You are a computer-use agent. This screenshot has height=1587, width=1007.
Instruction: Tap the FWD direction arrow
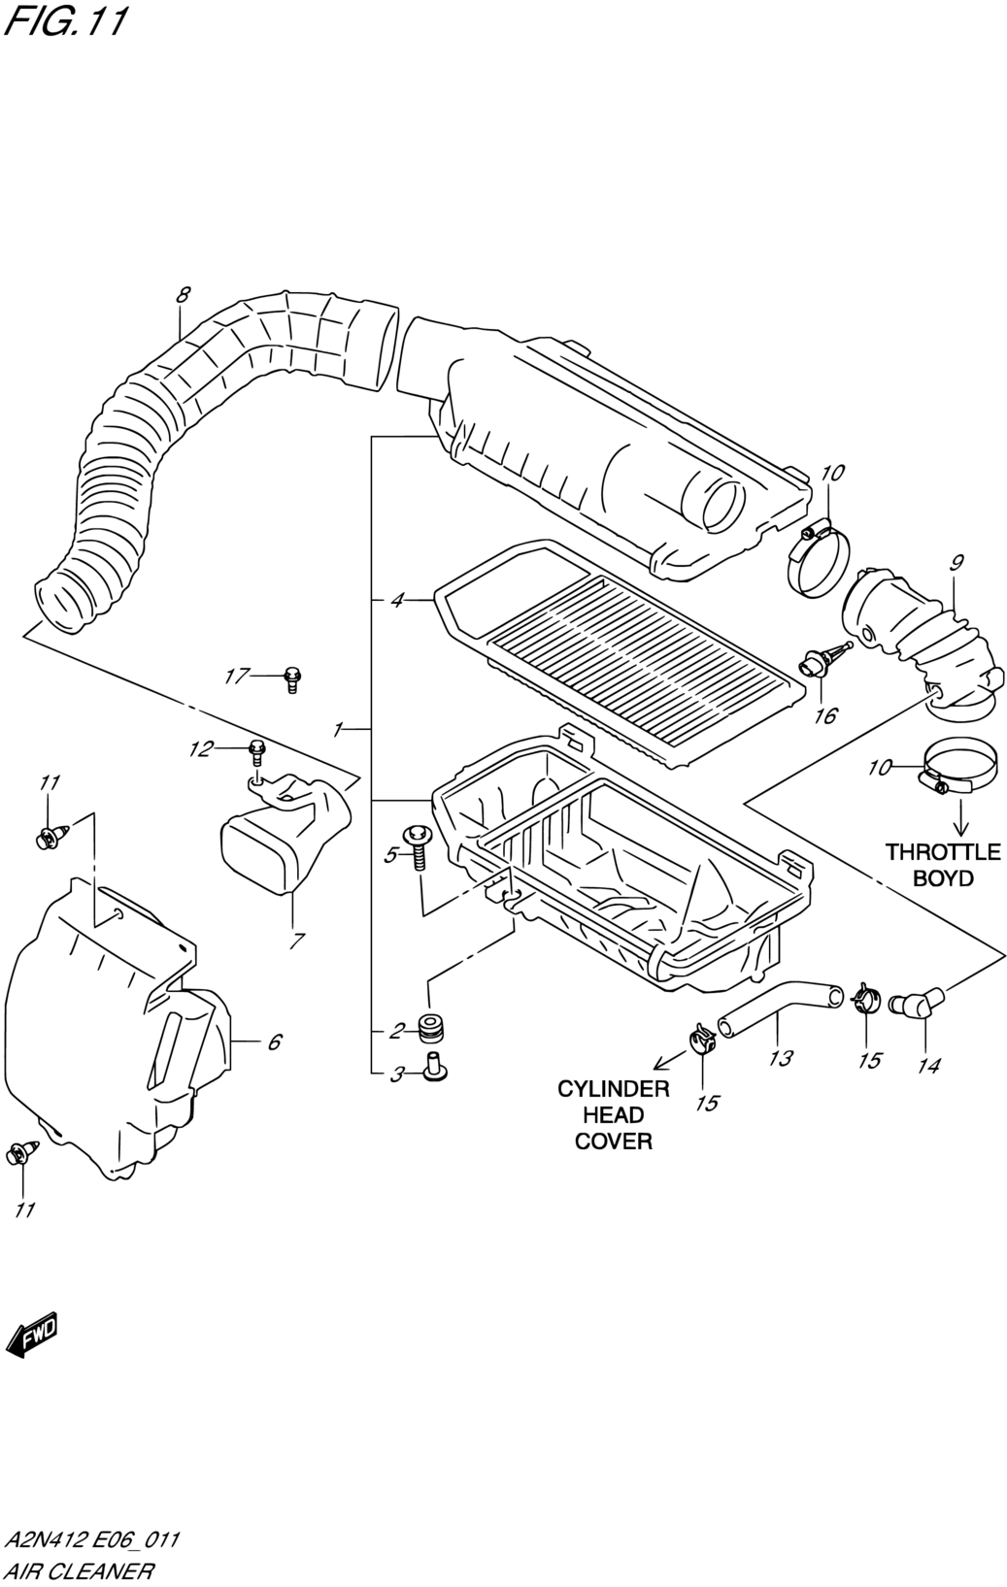point(31,1337)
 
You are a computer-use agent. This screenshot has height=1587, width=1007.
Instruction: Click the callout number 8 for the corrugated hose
point(183,294)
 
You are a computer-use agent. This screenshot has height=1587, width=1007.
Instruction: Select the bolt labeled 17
point(292,678)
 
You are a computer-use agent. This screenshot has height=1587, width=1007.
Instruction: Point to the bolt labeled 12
point(257,751)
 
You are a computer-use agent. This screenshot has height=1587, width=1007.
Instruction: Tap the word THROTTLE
point(943,851)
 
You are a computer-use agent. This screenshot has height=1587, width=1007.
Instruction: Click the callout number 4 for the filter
point(397,601)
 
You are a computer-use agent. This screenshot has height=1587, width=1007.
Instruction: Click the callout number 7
point(297,941)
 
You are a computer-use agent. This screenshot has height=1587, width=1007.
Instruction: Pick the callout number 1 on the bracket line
point(338,729)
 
